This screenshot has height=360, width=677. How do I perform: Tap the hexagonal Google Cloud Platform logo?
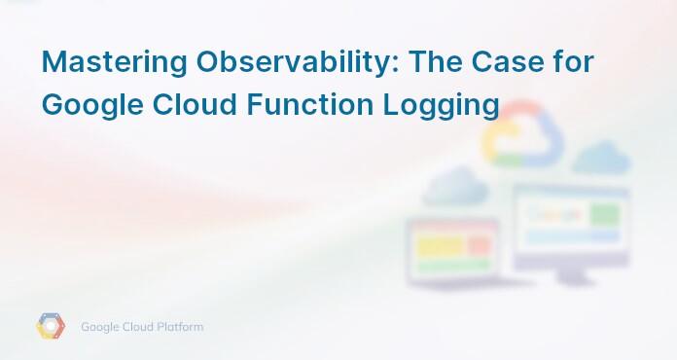[51, 327]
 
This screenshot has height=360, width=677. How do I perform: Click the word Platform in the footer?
[181, 327]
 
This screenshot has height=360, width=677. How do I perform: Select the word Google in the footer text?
[101, 327]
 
